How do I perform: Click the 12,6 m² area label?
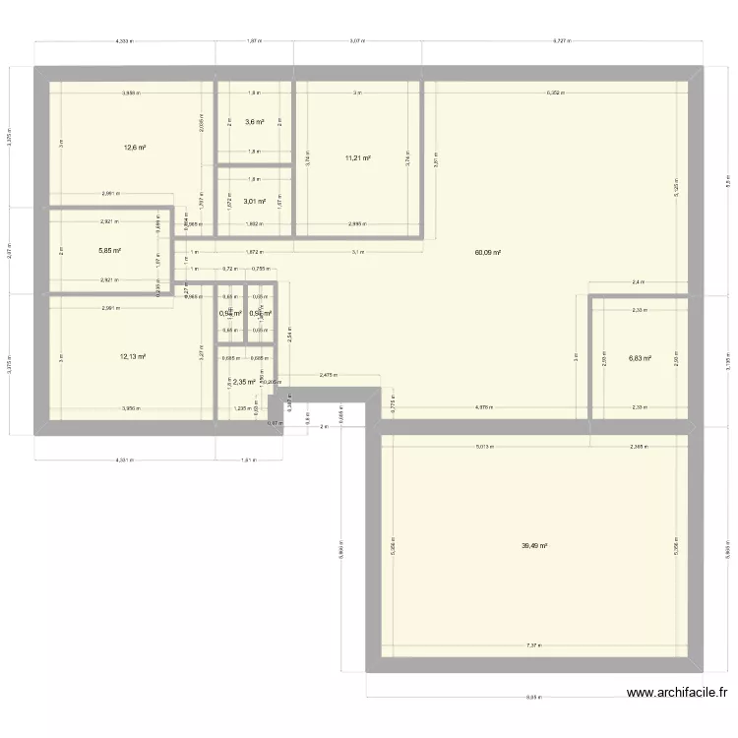(x=135, y=149)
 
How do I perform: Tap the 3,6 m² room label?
(x=254, y=122)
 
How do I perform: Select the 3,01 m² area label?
(x=255, y=202)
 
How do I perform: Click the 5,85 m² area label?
(x=109, y=251)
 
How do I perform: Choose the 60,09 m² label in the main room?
(x=488, y=253)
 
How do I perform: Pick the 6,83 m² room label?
(x=641, y=358)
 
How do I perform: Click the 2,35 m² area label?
(x=244, y=383)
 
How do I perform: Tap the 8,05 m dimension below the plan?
(x=533, y=698)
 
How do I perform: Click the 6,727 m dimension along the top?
(x=562, y=41)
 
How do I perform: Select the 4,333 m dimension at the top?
(x=124, y=41)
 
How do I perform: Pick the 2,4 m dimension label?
(x=637, y=282)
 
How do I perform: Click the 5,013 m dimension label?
(x=485, y=446)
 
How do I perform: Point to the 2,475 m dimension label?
(x=328, y=374)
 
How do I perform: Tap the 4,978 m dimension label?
(x=484, y=406)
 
